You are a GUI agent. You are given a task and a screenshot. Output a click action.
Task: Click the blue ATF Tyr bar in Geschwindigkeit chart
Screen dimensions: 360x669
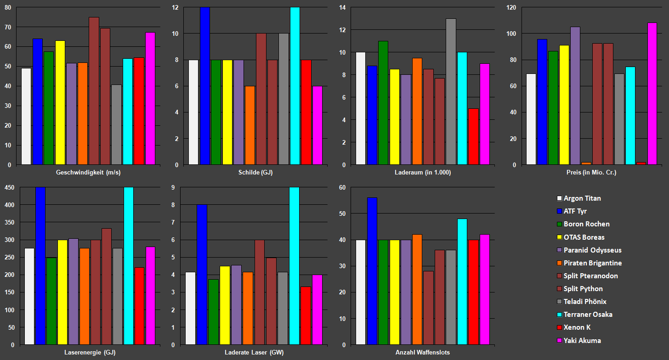click(37, 101)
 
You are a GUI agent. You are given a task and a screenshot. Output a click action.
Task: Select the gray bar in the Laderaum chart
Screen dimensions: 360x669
click(451, 91)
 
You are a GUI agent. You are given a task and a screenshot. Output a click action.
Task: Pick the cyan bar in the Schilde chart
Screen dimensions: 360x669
click(295, 86)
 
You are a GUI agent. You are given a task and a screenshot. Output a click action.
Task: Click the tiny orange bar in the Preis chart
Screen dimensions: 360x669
click(586, 163)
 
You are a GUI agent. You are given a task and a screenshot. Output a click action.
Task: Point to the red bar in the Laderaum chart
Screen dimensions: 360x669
click(473, 136)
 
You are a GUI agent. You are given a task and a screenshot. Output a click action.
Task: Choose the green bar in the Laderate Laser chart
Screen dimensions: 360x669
click(213, 312)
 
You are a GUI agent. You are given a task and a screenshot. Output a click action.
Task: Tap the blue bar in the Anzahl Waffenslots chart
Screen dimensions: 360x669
click(372, 271)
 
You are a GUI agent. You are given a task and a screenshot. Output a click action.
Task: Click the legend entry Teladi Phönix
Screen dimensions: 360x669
click(585, 302)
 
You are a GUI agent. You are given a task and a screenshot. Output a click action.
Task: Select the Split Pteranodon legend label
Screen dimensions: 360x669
click(590, 276)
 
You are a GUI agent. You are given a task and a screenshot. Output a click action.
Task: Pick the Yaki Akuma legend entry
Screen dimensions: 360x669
click(582, 340)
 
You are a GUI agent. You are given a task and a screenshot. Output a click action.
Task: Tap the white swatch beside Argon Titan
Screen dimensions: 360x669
click(559, 198)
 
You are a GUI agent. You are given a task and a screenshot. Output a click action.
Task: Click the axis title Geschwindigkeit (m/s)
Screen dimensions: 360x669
click(88, 173)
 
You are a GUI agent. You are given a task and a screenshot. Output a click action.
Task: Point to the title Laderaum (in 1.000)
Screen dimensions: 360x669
click(423, 173)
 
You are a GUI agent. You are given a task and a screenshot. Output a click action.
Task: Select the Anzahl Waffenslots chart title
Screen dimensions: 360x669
click(423, 352)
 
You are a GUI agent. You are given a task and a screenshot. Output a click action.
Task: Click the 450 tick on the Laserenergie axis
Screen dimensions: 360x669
click(10, 187)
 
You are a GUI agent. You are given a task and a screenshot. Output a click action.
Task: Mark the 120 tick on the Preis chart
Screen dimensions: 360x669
click(511, 7)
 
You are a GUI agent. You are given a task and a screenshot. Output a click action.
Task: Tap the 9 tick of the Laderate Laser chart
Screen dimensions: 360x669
click(174, 187)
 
